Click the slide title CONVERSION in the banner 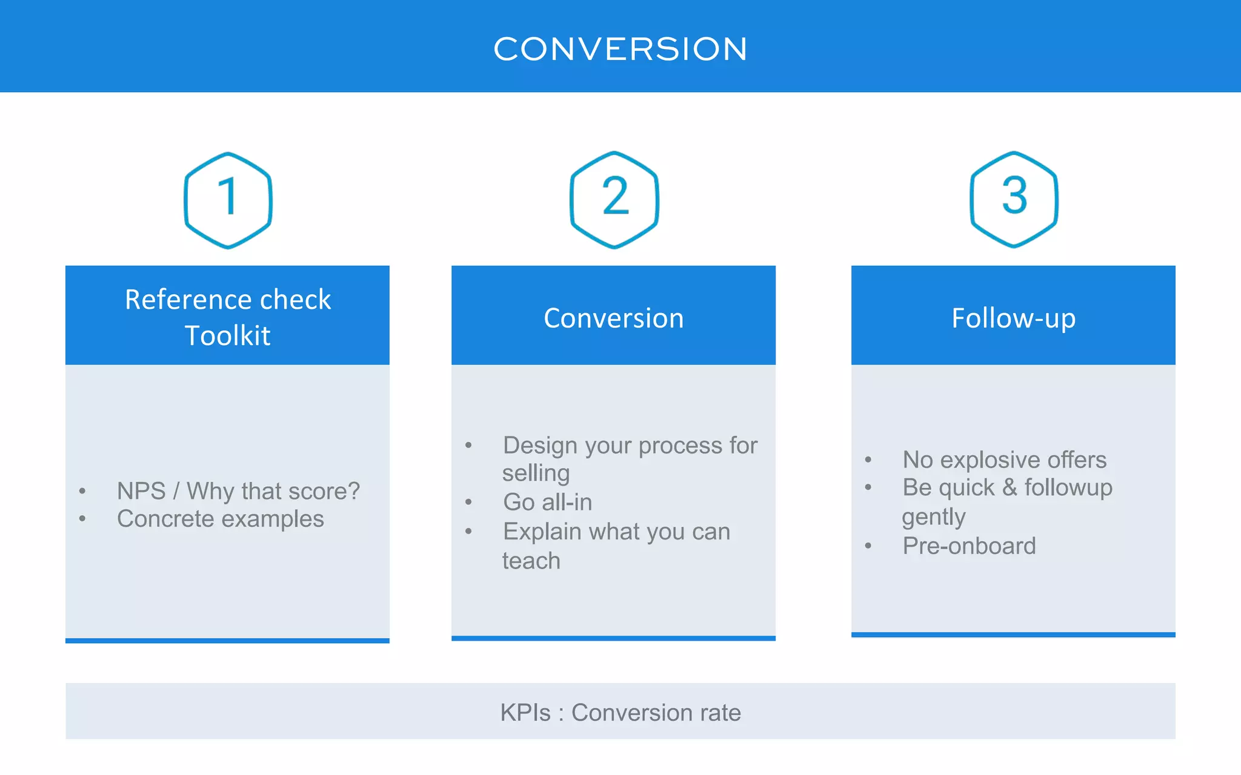[x=620, y=48]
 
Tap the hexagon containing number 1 [x=228, y=200]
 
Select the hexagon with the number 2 [x=614, y=199]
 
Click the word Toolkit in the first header [x=227, y=335]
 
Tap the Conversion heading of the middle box [x=613, y=318]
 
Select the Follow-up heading [x=1013, y=318]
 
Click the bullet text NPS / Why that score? [x=238, y=491]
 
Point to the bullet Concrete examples [x=220, y=519]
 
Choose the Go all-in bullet [x=547, y=502]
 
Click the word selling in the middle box [x=536, y=473]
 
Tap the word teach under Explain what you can [x=531, y=561]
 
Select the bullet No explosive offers [x=1004, y=460]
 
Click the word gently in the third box [x=933, y=517]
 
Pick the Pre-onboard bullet [x=969, y=546]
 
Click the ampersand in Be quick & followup [x=1010, y=487]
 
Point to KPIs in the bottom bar [x=525, y=713]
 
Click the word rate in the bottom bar [x=720, y=713]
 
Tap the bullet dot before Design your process [x=468, y=446]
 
